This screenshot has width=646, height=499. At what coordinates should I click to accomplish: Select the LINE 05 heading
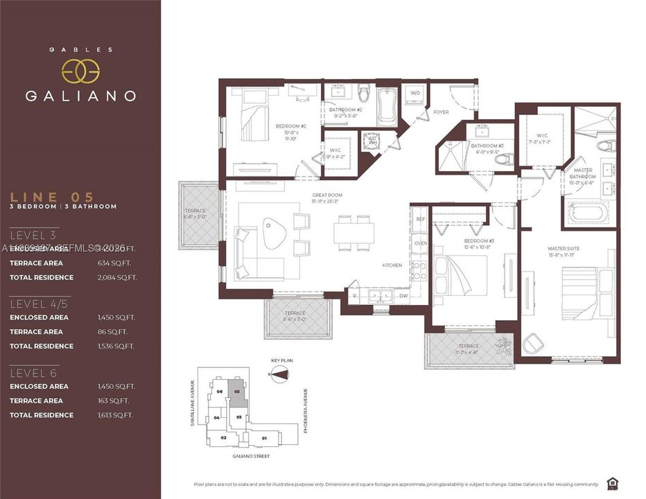tap(52, 197)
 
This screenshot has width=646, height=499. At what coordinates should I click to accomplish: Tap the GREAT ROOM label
tap(326, 195)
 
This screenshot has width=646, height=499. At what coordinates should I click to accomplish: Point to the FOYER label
tap(441, 112)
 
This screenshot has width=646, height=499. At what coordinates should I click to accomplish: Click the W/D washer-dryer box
tap(415, 93)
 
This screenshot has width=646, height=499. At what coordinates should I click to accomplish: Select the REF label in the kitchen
tap(420, 218)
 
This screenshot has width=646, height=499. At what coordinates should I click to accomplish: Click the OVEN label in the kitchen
tap(420, 243)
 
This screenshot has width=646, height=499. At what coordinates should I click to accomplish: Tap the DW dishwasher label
tap(402, 295)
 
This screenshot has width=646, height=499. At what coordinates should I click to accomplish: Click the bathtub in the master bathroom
tap(588, 212)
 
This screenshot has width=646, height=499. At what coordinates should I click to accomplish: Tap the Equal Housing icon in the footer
tap(613, 483)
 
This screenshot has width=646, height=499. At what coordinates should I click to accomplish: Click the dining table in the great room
tap(353, 231)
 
